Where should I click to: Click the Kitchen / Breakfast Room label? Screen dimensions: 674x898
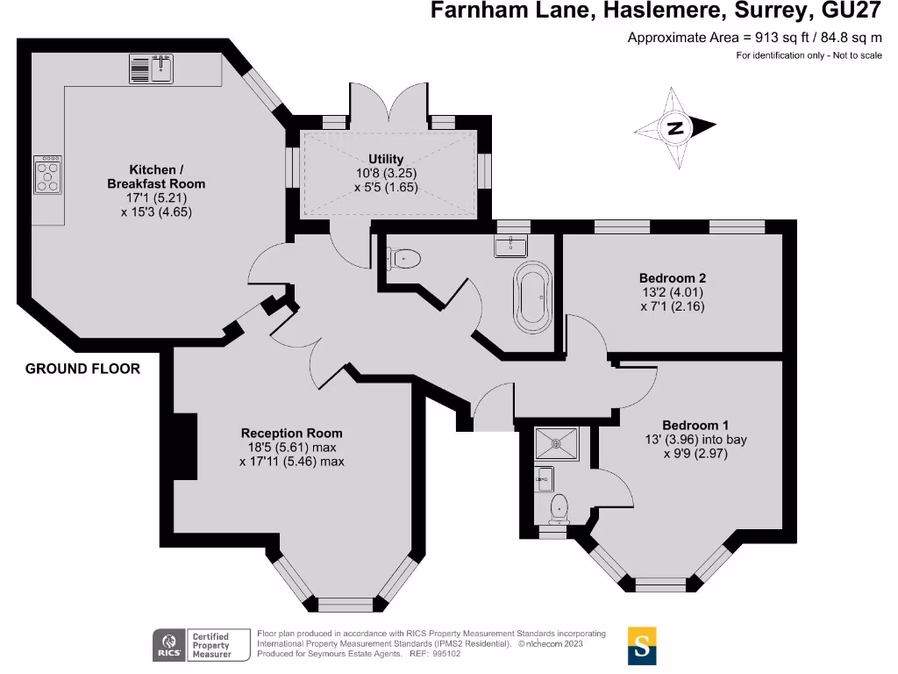pos(155,176)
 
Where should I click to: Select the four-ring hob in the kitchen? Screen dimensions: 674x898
pos(47,175)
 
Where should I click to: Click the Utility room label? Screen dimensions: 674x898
pos(386,159)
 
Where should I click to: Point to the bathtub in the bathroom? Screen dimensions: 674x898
pos(532,296)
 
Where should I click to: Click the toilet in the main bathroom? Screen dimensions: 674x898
pos(404,258)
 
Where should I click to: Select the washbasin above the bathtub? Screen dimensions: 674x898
pos(510,245)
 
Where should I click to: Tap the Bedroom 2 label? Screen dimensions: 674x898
pos(672,277)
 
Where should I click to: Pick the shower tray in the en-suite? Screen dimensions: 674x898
pos(556,444)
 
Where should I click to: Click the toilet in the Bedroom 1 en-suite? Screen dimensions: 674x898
pos(558,507)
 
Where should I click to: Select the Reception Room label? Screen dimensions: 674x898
pos(291,433)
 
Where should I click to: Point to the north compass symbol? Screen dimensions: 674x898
pos(675,128)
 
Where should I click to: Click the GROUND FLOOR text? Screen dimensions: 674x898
pos(82,369)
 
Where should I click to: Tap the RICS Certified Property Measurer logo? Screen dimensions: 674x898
pos(193,645)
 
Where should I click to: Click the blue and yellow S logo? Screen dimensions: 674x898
pos(642,646)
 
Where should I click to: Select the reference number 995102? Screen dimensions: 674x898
pos(450,654)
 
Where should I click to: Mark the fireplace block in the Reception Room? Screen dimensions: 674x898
pos(183,446)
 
